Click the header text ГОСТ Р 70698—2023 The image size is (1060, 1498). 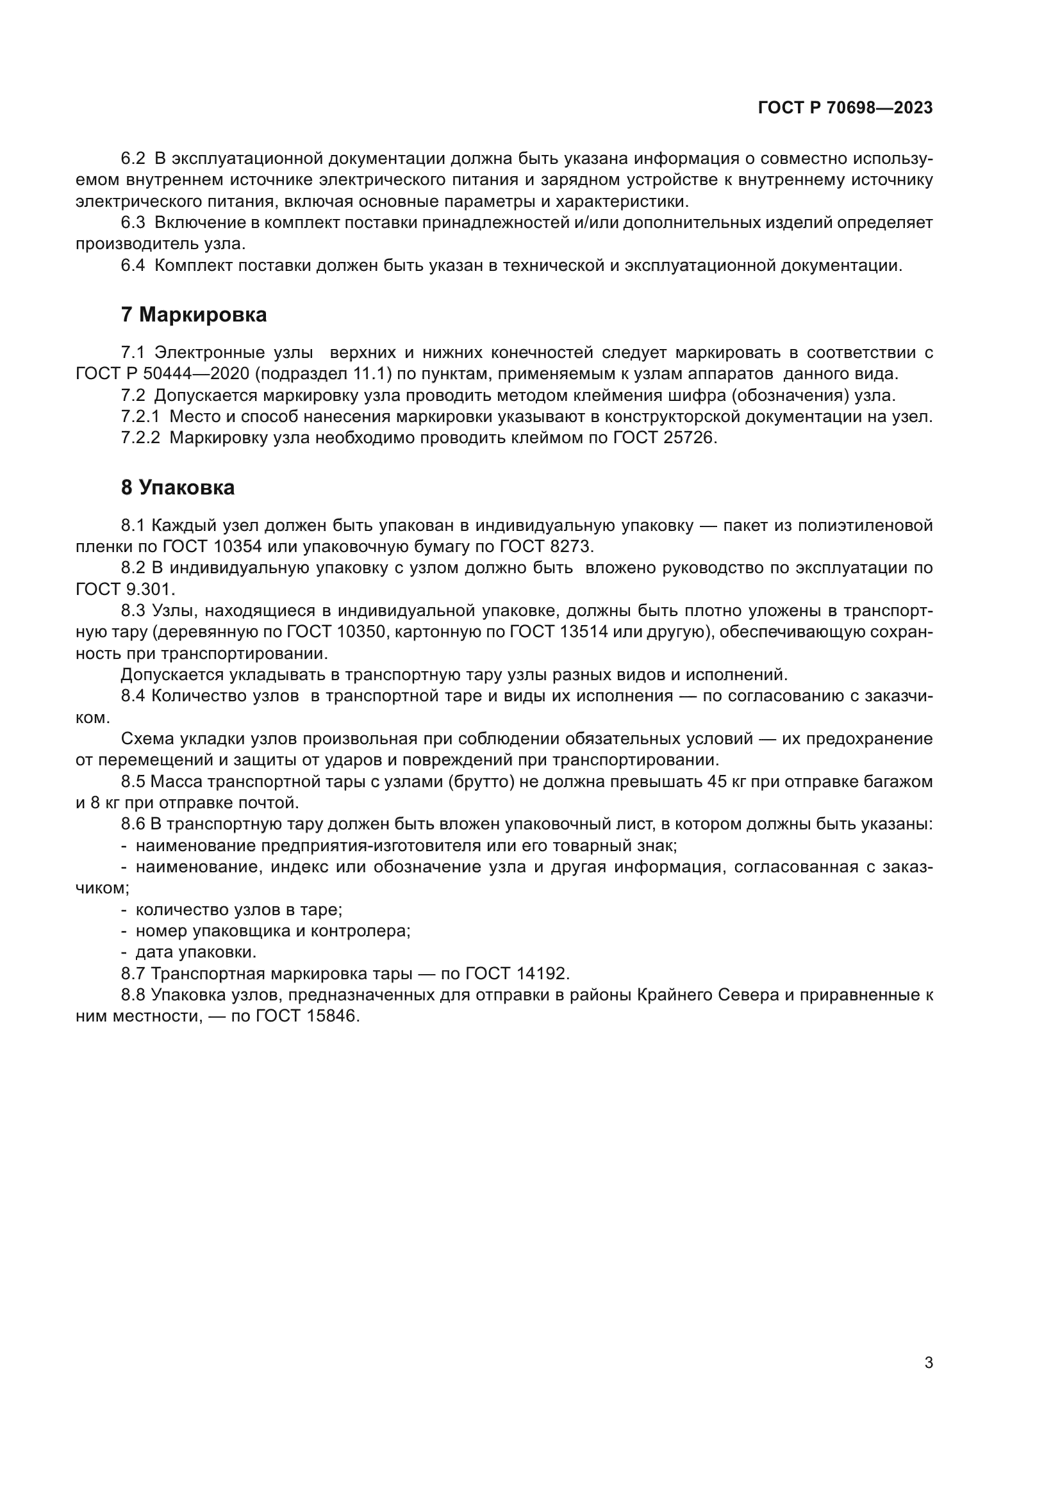tap(845, 108)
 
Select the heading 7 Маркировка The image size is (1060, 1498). tap(194, 315)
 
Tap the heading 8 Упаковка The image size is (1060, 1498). tap(178, 488)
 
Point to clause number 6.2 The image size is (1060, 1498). tap(133, 159)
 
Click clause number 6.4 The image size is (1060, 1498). tap(133, 266)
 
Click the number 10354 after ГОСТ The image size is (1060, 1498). tap(235, 547)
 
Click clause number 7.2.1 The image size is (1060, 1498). tap(140, 417)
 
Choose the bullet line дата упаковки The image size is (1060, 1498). tap(196, 953)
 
